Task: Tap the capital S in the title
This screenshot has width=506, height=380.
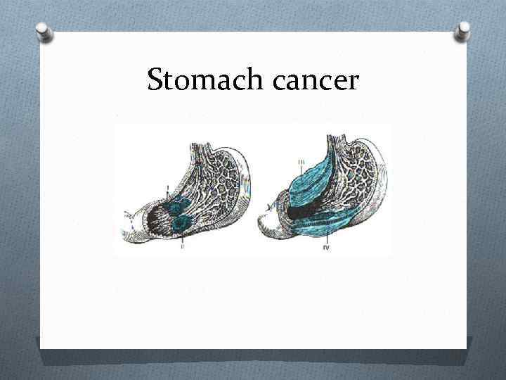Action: click(156, 80)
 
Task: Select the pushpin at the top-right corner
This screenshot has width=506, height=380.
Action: click(463, 31)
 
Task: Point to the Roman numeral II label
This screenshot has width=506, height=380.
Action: click(182, 247)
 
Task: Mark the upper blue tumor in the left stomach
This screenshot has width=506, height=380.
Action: click(181, 205)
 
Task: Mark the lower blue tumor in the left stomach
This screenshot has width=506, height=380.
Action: click(183, 222)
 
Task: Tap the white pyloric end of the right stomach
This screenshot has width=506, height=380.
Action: click(271, 224)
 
